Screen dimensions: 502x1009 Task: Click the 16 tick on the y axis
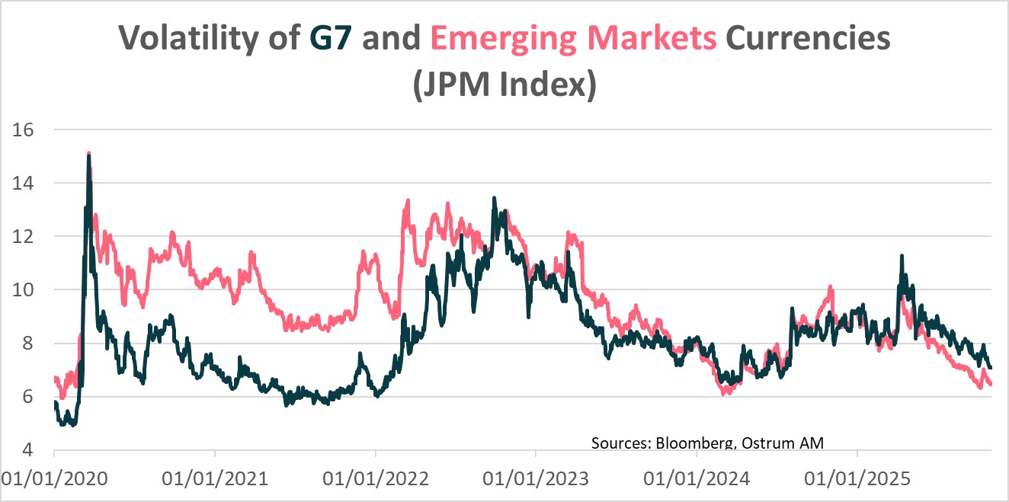click(x=24, y=129)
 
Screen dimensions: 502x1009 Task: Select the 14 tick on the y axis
click(x=24, y=183)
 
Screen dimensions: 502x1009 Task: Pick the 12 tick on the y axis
click(x=24, y=236)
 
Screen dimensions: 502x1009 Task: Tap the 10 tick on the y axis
click(x=24, y=290)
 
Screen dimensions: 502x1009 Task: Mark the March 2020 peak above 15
click(x=89, y=155)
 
